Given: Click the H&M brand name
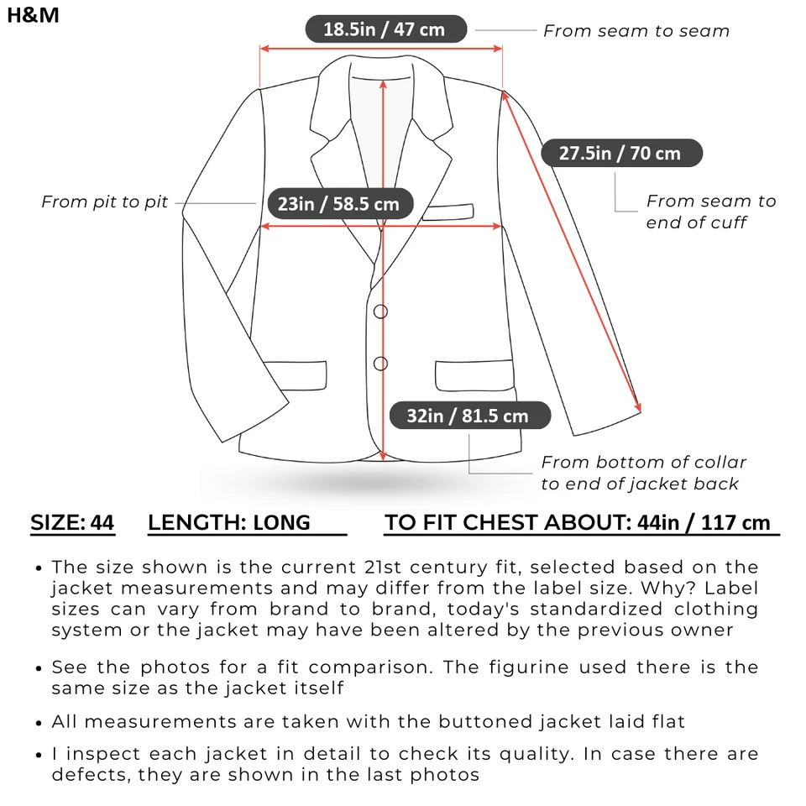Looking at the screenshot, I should click(34, 15).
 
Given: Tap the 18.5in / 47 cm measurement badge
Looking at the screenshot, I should click(384, 29).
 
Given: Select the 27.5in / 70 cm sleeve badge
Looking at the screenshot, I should click(620, 154).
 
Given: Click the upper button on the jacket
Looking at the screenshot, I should click(380, 311).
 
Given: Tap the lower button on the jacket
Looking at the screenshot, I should click(380, 364).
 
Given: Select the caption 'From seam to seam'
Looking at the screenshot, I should click(636, 31).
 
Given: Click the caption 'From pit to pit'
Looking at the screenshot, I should click(105, 201).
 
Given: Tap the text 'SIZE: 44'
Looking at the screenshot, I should click(72, 523).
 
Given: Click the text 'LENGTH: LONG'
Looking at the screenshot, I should click(229, 523).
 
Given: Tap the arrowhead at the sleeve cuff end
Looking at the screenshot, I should click(640, 407).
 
